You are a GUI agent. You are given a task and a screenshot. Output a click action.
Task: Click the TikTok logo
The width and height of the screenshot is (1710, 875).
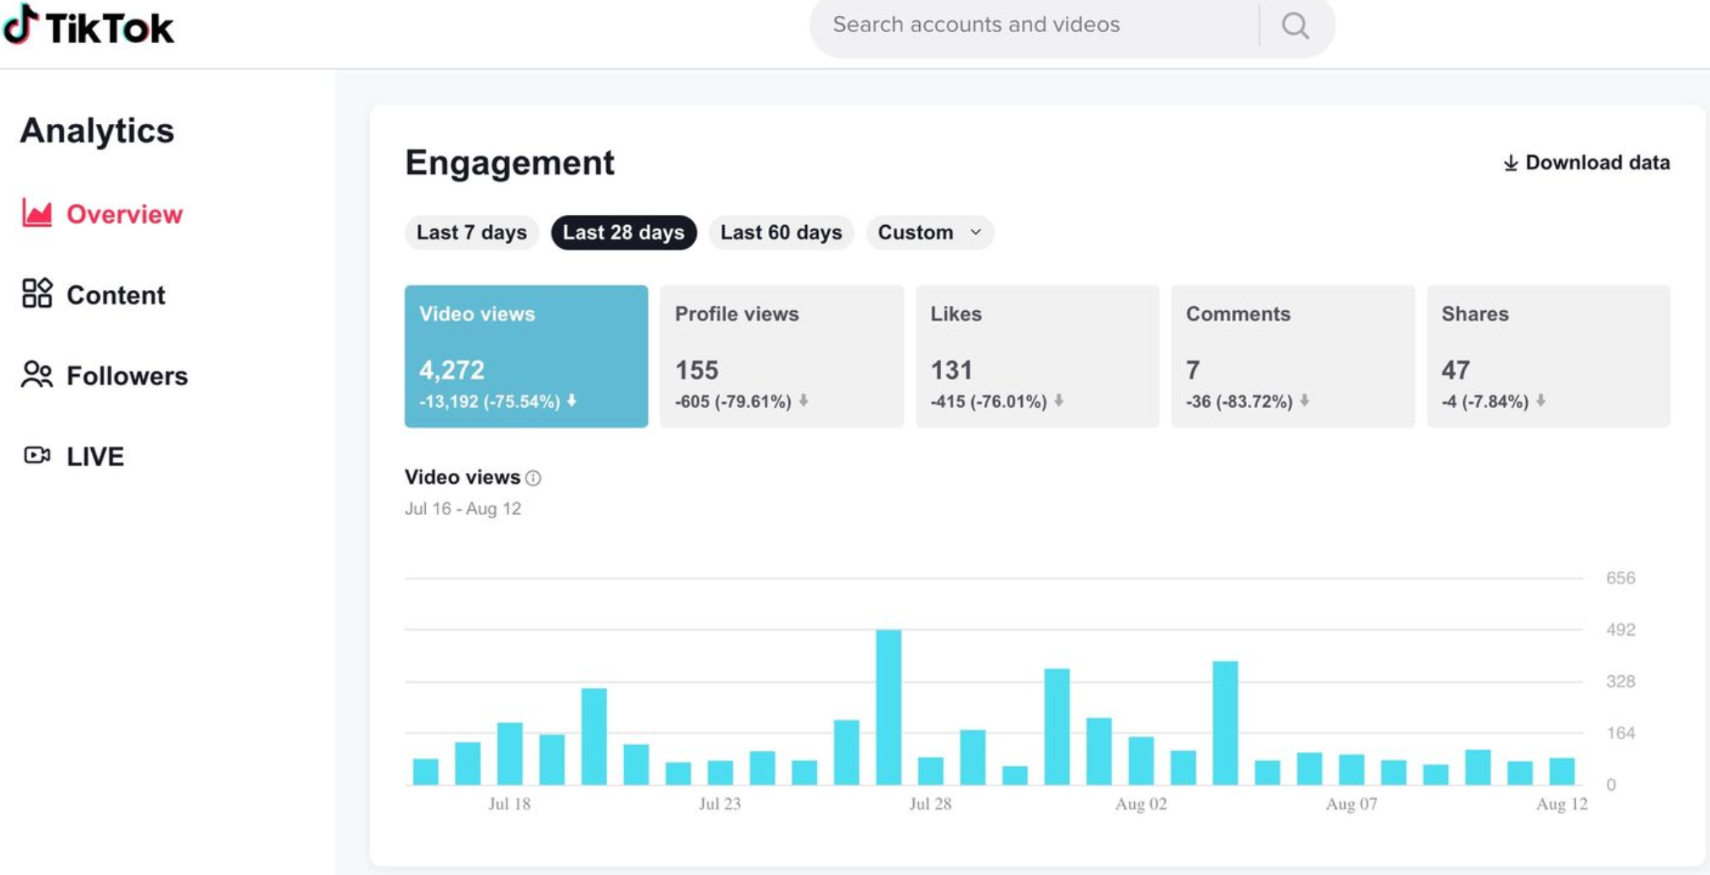89,26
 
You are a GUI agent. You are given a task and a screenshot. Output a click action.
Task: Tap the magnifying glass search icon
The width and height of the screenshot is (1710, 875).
1295,26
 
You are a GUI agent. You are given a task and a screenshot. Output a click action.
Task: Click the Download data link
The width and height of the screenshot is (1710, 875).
1586,163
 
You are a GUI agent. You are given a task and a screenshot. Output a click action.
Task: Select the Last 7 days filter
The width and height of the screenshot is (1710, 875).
471,233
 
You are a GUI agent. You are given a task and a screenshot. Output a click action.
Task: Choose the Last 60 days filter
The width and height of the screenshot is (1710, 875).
781,233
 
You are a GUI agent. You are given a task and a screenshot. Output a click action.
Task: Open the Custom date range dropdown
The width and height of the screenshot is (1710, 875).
929,233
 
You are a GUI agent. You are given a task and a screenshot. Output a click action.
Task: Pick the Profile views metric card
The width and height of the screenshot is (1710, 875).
781,356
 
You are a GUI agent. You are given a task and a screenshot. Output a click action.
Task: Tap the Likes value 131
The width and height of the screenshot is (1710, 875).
951,370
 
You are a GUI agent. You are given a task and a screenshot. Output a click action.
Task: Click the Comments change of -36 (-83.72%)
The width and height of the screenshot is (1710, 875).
1239,402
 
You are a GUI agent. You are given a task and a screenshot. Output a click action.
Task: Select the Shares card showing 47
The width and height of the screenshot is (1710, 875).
1547,356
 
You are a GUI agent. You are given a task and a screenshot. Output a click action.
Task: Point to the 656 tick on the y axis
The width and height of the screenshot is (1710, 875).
1620,578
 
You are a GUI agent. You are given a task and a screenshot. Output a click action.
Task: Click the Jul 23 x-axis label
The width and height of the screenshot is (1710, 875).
720,804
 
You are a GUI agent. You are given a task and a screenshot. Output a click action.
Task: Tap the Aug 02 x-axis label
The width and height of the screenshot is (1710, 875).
1141,804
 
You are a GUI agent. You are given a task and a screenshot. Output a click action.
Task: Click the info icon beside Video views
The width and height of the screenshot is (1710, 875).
533,478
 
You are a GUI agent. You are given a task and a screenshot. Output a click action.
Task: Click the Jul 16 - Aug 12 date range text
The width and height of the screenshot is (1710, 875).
463,509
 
